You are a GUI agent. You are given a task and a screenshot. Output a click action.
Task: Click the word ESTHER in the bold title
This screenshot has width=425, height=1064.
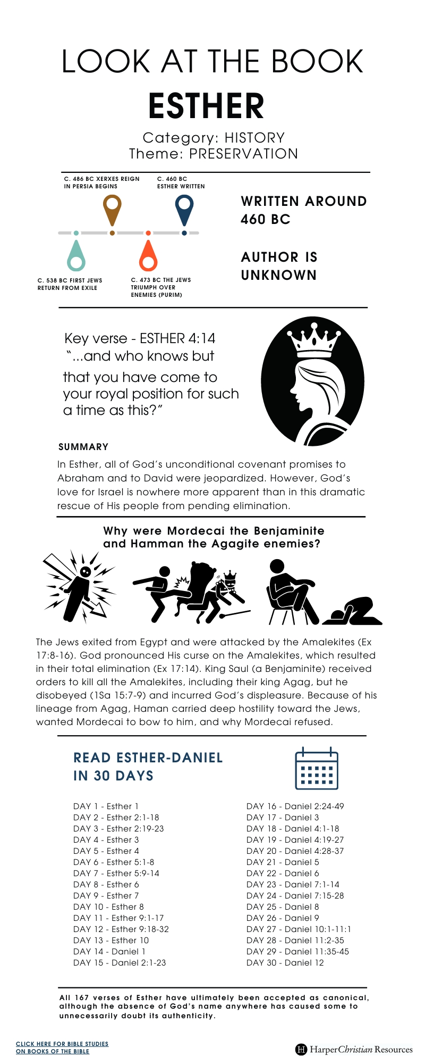pos(206,106)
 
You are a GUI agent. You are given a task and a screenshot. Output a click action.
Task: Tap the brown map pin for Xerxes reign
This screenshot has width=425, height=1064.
pos(112,208)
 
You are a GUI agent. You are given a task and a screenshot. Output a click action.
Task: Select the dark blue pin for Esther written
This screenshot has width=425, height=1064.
pos(184,207)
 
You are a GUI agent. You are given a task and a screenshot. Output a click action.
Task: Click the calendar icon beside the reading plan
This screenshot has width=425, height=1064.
pos(316,769)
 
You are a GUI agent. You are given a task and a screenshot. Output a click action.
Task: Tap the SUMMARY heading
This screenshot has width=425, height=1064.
pos(83,447)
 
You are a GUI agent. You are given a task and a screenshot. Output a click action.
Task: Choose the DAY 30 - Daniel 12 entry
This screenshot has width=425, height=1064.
pos(285,962)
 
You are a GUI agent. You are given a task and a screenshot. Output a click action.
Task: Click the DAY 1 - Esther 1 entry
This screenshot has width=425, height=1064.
pos(106,806)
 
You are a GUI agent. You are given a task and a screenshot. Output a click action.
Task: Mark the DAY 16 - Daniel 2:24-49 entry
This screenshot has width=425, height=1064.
pos(295,806)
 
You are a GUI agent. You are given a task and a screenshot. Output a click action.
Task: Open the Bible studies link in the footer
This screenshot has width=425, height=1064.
pos(62,1047)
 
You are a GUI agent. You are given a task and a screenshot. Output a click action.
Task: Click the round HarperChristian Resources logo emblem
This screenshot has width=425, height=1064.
pos(301,1049)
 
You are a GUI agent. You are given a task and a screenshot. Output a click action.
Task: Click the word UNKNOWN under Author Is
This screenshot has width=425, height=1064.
pos(279,275)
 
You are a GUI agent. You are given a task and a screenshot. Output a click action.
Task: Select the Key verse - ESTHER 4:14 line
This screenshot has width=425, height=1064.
pos(140,338)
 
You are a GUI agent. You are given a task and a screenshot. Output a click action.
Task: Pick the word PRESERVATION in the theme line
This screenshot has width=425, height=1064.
pos(243,154)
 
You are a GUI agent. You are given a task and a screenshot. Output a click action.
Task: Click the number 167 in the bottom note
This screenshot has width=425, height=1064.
pos(81,997)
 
